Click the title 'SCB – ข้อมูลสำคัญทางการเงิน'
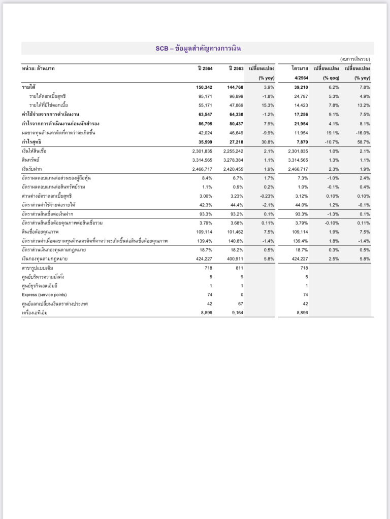click(198, 49)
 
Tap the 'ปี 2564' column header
click(205, 68)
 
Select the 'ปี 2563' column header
click(236, 68)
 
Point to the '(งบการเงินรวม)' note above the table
click(355, 59)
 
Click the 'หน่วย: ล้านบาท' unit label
click(38, 68)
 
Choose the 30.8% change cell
click(267, 142)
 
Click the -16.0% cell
click(362, 133)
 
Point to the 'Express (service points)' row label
click(46, 294)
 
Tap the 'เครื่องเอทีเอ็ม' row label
click(38, 313)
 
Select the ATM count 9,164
click(236, 313)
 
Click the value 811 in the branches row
click(240, 267)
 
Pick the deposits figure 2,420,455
click(233, 169)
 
